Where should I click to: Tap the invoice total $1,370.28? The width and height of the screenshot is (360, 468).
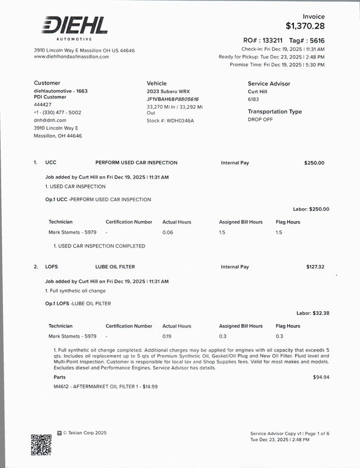(x=305, y=26)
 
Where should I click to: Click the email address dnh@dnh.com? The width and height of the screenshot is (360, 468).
(x=50, y=120)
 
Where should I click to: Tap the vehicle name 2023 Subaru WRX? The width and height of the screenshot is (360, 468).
(x=168, y=92)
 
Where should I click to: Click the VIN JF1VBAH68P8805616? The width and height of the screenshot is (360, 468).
(x=173, y=99)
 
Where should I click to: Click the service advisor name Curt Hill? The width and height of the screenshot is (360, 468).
(x=258, y=92)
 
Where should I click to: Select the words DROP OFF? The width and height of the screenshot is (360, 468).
(x=260, y=119)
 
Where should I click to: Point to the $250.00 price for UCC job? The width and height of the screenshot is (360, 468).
(x=314, y=163)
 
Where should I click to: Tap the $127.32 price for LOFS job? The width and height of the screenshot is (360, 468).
(x=315, y=267)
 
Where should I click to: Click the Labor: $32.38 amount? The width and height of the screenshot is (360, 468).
(x=313, y=314)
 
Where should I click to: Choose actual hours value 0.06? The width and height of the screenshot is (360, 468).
(x=168, y=232)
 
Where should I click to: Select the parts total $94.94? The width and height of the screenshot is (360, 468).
(x=321, y=377)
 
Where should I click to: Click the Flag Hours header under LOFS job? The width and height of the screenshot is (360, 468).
(x=288, y=326)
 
